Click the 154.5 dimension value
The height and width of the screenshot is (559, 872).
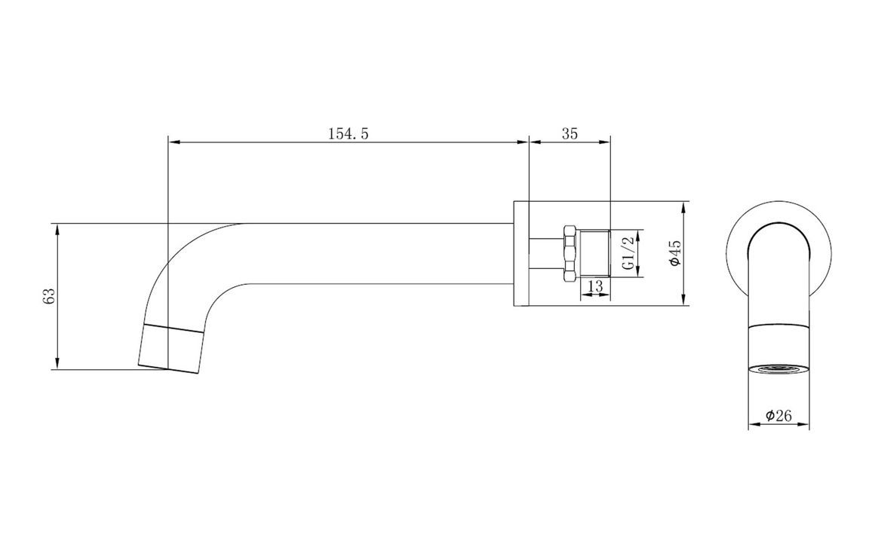pyautogui.click(x=348, y=133)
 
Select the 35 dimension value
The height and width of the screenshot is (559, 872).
pyautogui.click(x=570, y=133)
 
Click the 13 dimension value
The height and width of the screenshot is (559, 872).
pyautogui.click(x=594, y=286)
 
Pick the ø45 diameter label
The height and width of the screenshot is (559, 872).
pyautogui.click(x=675, y=252)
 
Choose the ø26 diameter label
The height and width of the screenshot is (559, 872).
pyautogui.click(x=778, y=415)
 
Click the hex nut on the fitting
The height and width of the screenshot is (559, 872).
pyautogui.click(x=569, y=254)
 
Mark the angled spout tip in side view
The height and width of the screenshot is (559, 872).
pyautogui.click(x=172, y=347)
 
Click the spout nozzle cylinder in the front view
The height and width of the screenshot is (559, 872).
pyautogui.click(x=778, y=345)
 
